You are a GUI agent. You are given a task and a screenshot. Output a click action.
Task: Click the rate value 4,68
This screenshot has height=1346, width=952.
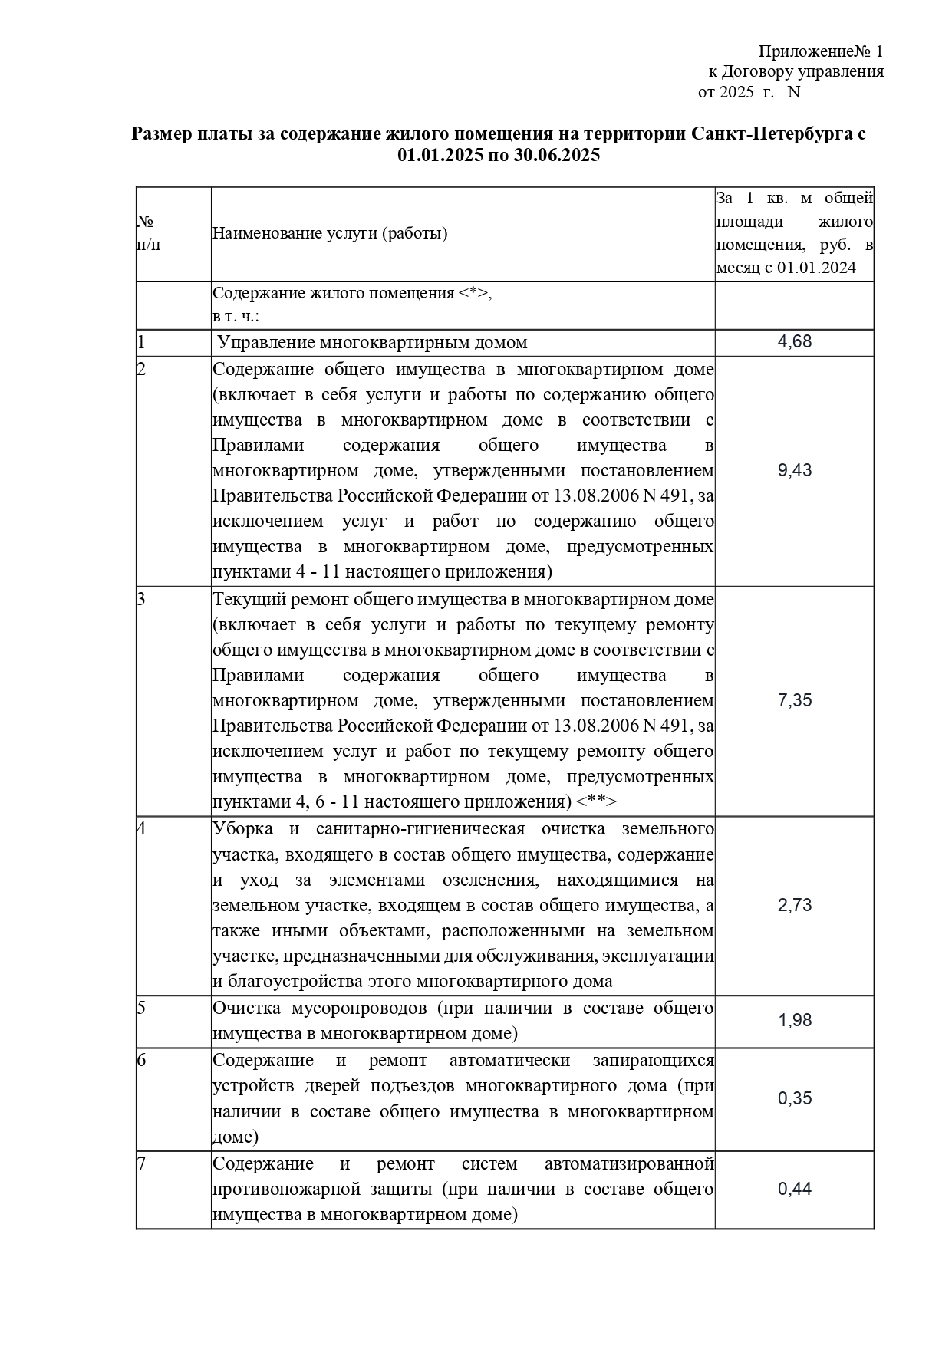click(794, 342)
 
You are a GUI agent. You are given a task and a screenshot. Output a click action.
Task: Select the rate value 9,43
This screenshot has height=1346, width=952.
click(794, 471)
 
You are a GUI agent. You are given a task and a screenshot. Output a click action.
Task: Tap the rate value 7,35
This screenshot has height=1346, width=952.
click(794, 700)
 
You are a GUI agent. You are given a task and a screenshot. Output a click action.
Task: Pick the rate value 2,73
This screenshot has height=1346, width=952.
click(794, 905)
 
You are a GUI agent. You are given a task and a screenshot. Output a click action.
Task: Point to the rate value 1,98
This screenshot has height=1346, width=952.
click(794, 1021)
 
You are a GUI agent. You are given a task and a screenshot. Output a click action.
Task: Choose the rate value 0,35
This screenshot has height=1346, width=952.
click(794, 1098)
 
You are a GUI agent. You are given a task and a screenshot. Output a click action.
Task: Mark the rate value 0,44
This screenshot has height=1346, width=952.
click(794, 1189)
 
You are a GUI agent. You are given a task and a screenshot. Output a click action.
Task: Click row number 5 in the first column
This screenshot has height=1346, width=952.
click(141, 1008)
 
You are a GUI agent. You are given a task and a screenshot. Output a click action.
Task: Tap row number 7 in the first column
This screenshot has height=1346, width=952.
click(141, 1163)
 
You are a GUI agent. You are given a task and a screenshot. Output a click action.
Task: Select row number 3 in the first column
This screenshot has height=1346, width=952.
click(141, 599)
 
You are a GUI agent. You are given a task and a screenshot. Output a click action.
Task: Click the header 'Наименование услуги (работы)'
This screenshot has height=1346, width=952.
click(330, 233)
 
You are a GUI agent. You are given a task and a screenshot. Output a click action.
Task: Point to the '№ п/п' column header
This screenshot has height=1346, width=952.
click(148, 233)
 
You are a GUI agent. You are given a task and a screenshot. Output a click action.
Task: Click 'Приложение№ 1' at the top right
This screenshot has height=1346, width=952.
click(820, 51)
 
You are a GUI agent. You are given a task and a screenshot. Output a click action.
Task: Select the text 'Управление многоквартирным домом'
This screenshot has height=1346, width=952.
click(372, 342)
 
